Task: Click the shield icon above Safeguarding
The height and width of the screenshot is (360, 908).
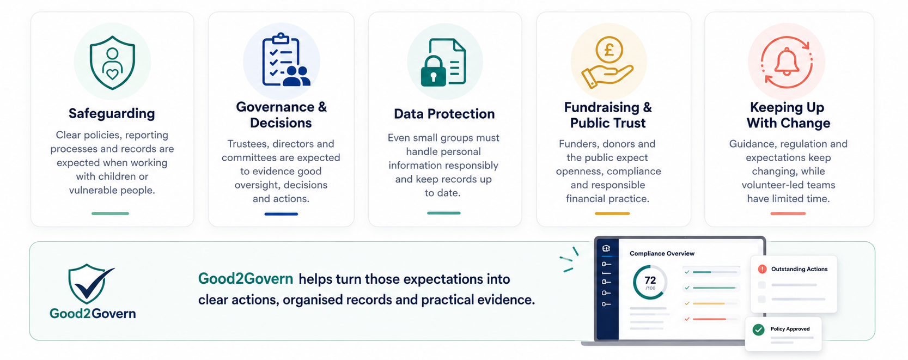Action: point(112,63)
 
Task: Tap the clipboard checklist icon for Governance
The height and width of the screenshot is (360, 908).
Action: point(281,59)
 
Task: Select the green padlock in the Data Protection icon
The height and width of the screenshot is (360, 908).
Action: point(433,72)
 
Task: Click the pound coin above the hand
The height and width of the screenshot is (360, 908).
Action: point(609,50)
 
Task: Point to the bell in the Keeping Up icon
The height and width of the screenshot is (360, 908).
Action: point(787,62)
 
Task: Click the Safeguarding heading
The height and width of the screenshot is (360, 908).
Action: point(112,113)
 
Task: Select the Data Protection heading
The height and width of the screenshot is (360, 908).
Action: point(444,114)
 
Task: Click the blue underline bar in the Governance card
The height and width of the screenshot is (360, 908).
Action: point(281,214)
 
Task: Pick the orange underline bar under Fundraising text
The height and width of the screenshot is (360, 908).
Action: point(612,213)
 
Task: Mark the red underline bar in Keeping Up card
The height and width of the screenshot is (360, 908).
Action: point(788,213)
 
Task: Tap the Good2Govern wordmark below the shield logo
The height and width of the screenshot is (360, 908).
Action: point(93,313)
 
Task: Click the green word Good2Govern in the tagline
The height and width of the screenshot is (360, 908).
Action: point(246,279)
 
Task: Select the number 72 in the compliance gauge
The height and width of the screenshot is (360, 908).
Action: point(650,280)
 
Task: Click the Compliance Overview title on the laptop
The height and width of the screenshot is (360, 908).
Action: point(662,253)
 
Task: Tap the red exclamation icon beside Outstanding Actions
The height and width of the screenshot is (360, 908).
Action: point(762,269)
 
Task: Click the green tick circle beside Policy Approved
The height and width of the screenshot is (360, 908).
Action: point(758,330)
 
